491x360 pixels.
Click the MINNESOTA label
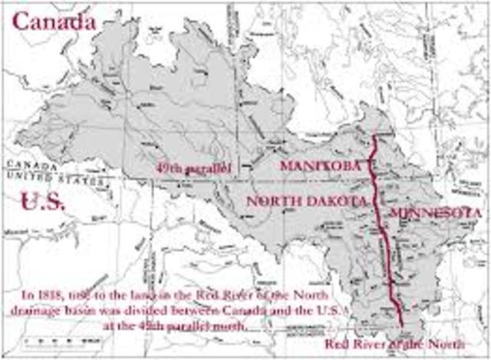[430, 213]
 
